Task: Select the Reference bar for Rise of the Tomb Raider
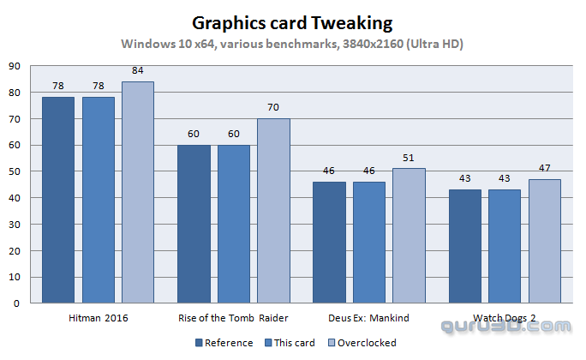[194, 224]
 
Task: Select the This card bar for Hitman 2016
[98, 200]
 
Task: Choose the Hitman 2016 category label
[97, 318]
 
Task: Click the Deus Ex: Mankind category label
[368, 318]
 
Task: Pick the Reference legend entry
[224, 343]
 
